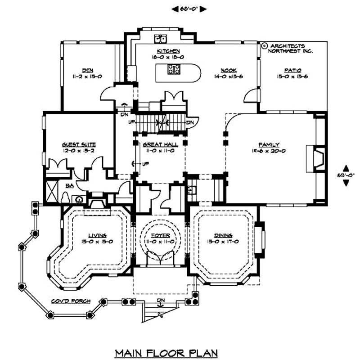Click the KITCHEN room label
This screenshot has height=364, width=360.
pos(168,51)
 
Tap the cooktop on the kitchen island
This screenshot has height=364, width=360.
pos(174,69)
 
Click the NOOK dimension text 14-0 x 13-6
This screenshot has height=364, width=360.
pos(229,76)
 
